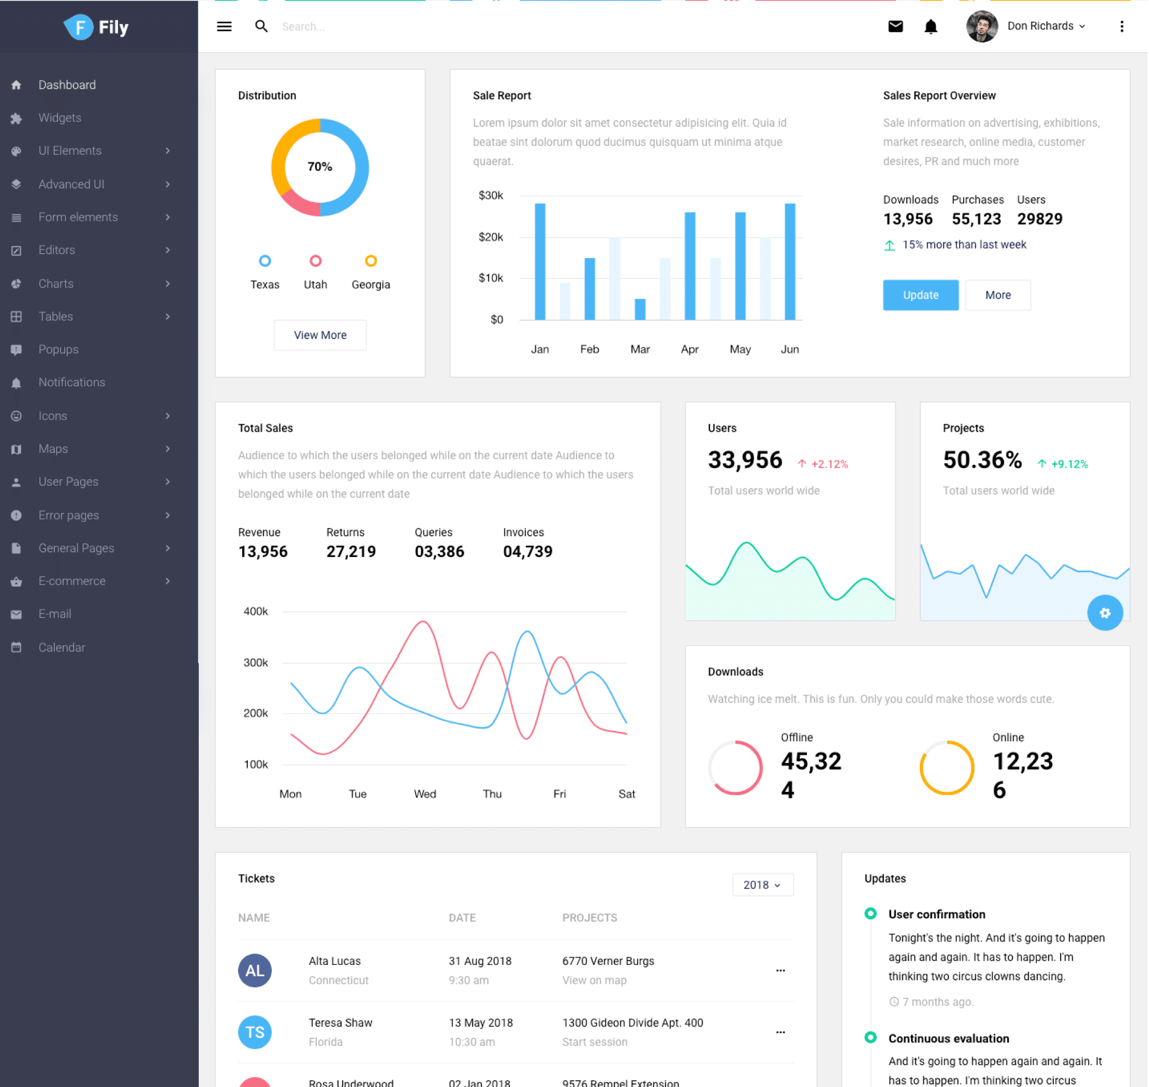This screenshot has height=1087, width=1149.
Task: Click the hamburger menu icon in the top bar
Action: [224, 26]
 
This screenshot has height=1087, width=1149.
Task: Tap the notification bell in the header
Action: [931, 26]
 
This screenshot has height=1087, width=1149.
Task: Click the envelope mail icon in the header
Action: [895, 26]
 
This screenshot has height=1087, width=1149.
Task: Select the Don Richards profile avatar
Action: [981, 26]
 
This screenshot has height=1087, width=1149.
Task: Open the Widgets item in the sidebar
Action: [60, 117]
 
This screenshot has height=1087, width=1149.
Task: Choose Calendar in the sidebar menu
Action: [62, 647]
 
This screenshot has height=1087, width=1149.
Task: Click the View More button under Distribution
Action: [320, 335]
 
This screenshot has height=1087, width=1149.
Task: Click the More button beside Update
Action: [998, 295]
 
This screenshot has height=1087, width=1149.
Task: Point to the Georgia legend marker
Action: [371, 261]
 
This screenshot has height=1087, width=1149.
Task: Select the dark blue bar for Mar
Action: [640, 309]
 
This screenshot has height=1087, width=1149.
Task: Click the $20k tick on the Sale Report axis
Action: [491, 237]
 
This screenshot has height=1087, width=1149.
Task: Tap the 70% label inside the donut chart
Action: [320, 167]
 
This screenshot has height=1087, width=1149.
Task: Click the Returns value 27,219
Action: [351, 552]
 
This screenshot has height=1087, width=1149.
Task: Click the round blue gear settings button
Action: [1104, 612]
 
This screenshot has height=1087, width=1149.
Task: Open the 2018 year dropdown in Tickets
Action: [762, 885]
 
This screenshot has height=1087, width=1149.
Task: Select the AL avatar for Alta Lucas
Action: [255, 971]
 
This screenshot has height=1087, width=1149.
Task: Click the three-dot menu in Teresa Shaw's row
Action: [780, 1032]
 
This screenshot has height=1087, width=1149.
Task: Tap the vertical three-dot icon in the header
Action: [1122, 26]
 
